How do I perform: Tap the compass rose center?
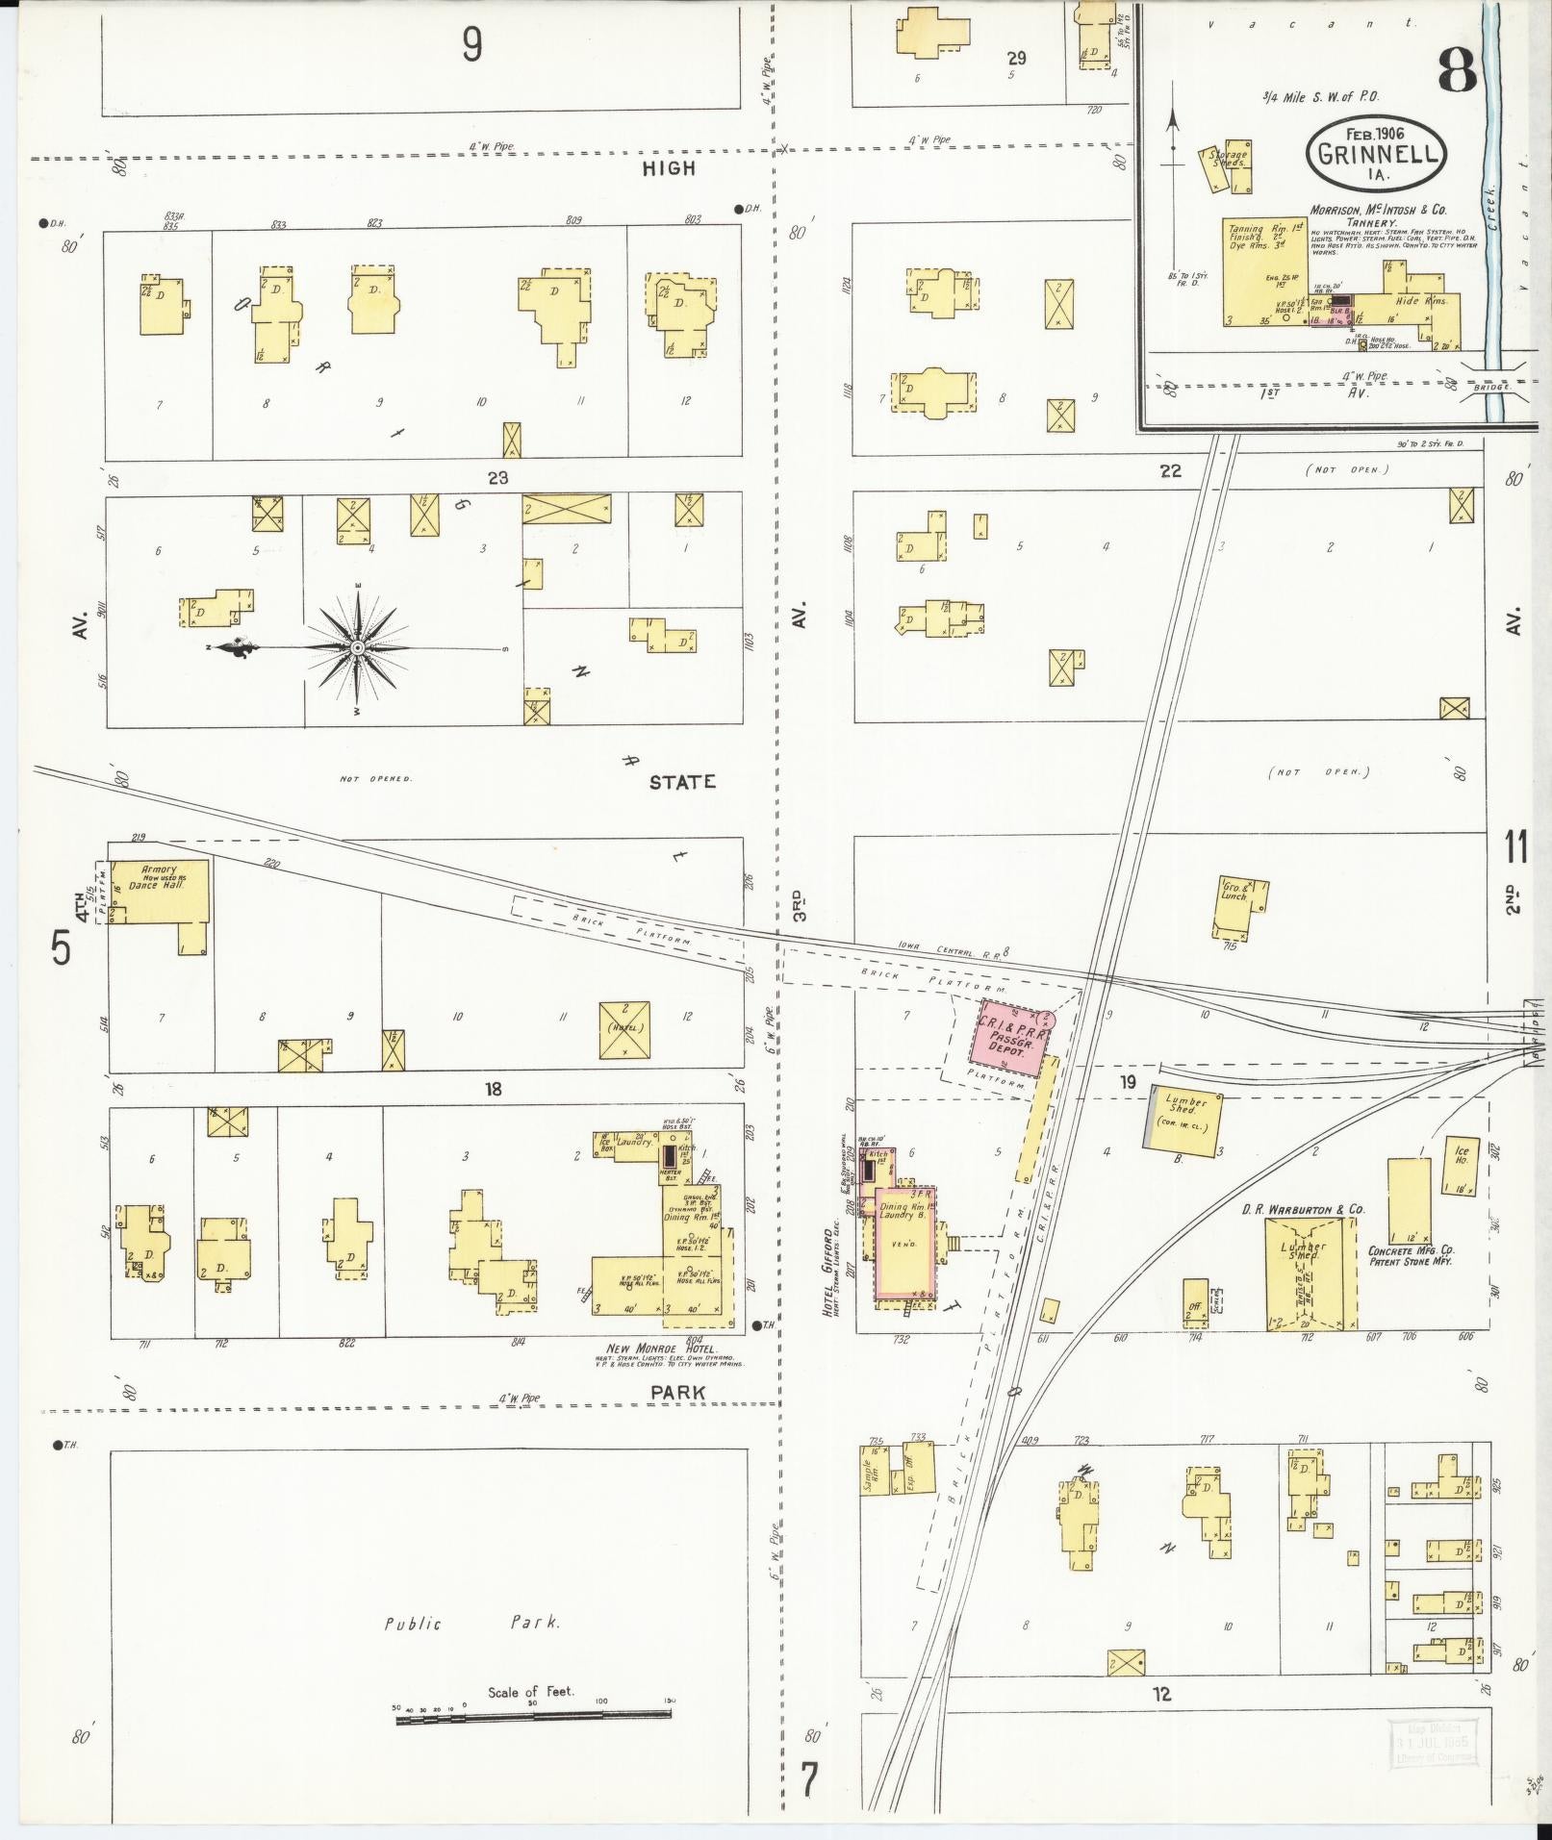(x=357, y=647)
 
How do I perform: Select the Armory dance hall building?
(x=157, y=892)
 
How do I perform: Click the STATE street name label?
(x=681, y=782)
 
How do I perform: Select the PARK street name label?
(x=677, y=1392)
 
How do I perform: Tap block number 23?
(x=497, y=477)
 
